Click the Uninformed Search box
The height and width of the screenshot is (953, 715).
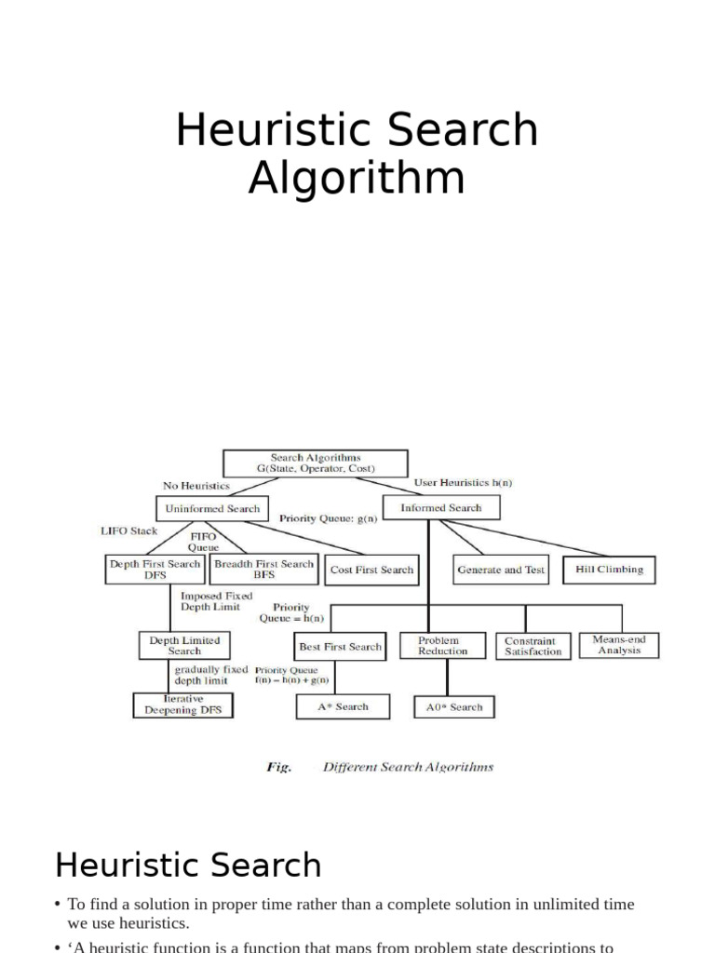point(212,509)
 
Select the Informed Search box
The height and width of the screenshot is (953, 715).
point(441,508)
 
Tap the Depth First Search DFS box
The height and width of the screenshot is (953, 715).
point(155,569)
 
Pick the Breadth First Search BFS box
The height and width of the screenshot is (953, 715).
point(263,569)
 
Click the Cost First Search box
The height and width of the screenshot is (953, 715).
point(371,570)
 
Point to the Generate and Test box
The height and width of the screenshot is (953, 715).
point(501,570)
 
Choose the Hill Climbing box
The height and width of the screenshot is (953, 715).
point(609,570)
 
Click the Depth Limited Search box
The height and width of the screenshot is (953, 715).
point(184,645)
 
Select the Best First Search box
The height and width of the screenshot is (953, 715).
point(340,647)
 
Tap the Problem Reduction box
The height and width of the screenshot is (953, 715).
point(442,646)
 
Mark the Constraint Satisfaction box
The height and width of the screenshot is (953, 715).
point(533,646)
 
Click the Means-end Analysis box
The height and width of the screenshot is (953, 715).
point(619,645)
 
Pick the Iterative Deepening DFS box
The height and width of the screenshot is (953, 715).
point(183,705)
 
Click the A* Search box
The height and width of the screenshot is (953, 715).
point(342,707)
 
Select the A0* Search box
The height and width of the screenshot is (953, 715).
point(454,707)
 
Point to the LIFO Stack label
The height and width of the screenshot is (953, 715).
point(129,531)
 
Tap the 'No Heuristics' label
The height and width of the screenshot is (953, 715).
point(196,486)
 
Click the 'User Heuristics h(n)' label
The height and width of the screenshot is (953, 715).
point(463,483)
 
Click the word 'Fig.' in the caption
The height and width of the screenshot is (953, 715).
point(279,768)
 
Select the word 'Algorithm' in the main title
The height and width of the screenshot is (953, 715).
point(357,178)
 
